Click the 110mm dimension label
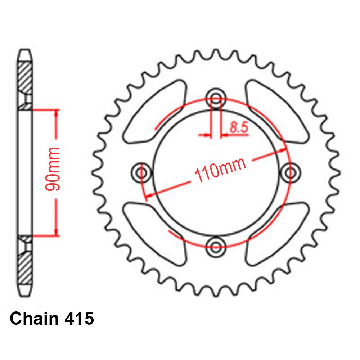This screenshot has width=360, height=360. pyautogui.click(x=220, y=170)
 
